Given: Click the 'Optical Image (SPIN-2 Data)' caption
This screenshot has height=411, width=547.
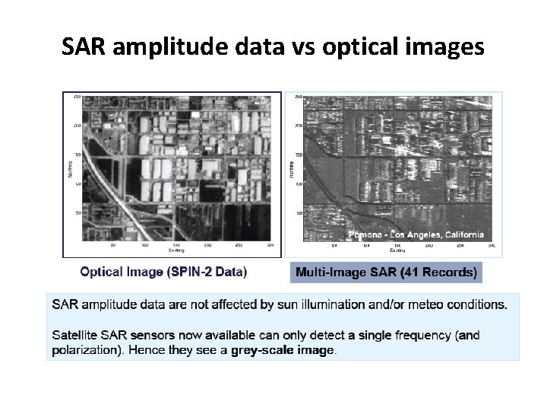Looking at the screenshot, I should [163, 271].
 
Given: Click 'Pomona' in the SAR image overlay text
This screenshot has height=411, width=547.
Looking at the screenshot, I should [366, 234].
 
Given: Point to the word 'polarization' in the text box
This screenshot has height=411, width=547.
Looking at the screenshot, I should [84, 350].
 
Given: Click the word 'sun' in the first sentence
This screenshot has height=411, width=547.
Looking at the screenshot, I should [281, 304].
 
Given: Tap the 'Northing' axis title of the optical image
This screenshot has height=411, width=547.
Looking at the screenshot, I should [69, 167].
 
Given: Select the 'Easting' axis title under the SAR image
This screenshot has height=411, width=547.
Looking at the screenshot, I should [397, 250].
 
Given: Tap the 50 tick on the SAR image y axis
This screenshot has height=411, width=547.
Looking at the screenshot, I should [299, 213].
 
